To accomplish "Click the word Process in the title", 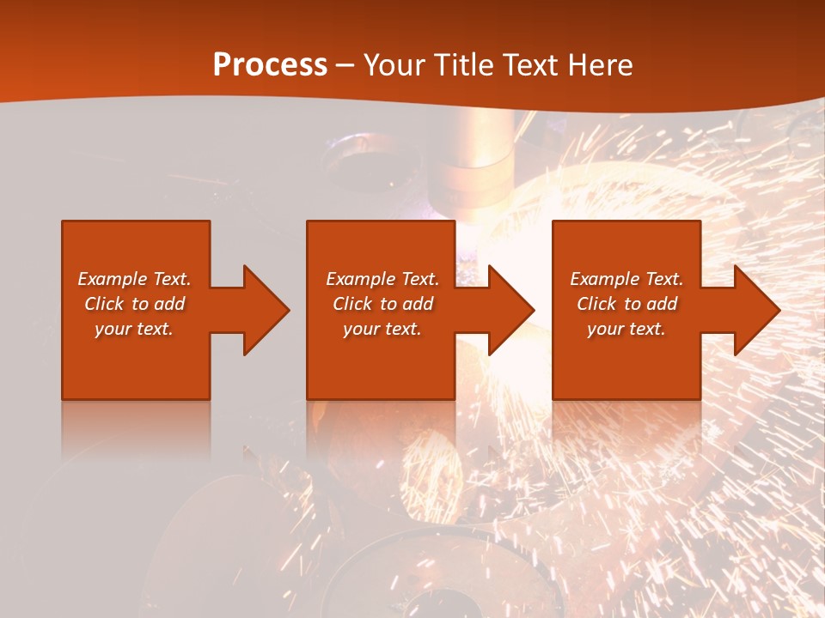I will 270,64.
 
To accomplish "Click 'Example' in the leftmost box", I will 113,279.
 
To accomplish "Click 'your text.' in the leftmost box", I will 134,329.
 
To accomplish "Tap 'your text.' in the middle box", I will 382,329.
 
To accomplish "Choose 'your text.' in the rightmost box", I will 626,329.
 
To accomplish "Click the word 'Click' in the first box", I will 104,304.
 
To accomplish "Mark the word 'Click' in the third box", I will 596,304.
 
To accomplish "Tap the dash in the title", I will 345,65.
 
